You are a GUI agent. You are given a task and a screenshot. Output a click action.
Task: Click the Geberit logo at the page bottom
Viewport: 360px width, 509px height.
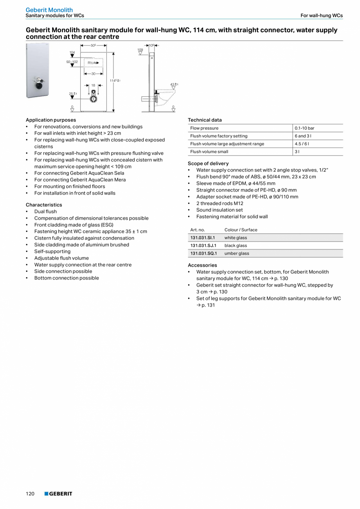[x=58, y=494]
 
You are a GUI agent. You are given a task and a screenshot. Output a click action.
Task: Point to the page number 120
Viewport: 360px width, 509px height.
[x=30, y=494]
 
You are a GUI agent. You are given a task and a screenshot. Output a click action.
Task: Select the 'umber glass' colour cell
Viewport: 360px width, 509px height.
[x=237, y=253]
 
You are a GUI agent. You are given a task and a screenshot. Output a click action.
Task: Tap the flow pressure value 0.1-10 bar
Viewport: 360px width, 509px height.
[x=304, y=128]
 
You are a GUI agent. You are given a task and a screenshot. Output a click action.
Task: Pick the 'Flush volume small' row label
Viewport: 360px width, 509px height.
[x=209, y=152]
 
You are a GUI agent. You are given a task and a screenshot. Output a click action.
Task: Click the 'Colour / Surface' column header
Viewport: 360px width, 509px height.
[x=241, y=230]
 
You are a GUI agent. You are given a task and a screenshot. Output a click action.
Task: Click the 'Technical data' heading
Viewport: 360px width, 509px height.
[x=205, y=120]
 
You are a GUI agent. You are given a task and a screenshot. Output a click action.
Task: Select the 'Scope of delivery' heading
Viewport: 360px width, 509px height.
[x=208, y=163]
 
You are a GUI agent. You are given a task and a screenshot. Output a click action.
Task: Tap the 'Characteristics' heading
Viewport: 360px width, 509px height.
[x=44, y=205]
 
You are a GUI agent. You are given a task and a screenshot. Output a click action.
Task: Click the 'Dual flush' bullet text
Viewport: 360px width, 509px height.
[x=45, y=211]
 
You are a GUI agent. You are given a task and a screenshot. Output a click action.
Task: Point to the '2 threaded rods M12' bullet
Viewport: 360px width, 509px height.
[x=220, y=203]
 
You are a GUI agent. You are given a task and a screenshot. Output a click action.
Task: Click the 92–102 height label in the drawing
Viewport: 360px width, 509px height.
[x=72, y=62]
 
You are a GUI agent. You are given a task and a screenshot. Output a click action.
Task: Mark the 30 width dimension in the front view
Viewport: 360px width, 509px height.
[x=94, y=74]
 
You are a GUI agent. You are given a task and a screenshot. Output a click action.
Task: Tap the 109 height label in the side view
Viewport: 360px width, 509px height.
[x=140, y=50]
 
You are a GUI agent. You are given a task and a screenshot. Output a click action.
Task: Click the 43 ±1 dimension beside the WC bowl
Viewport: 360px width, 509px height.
[x=174, y=84]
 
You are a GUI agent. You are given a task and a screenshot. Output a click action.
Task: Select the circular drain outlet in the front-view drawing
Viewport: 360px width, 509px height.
[x=93, y=99]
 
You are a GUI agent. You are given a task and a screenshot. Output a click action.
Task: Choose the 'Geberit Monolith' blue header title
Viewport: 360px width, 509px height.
[x=49, y=10]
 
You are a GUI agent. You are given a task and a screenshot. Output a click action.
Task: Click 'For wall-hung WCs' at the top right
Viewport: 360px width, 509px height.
[x=321, y=16]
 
